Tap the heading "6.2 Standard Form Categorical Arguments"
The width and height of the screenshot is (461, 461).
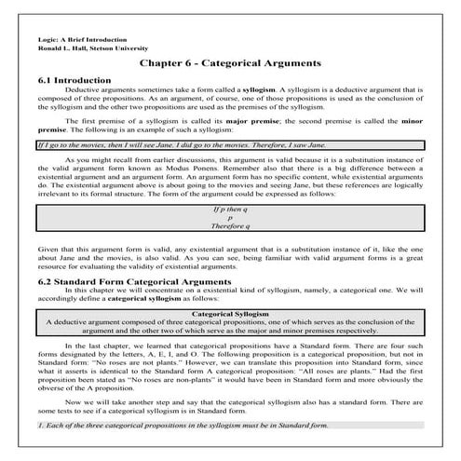tap(133, 254)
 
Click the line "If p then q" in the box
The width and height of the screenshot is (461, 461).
tap(229, 210)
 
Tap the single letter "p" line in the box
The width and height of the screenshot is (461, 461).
tap(229, 218)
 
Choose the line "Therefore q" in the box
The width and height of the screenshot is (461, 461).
tap(229, 226)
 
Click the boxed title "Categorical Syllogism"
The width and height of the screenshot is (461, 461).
tap(229, 290)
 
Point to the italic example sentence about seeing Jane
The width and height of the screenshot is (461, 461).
tap(149, 145)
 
